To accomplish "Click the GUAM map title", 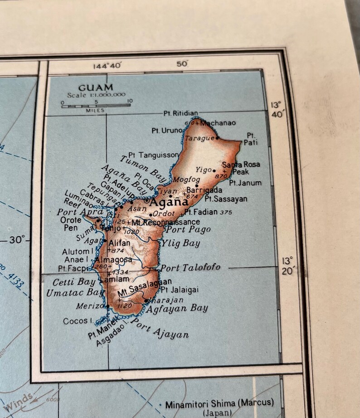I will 96,87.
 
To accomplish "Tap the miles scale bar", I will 96,106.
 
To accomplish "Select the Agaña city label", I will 169,202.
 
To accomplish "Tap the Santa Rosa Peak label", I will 241,168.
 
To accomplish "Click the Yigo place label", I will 204,170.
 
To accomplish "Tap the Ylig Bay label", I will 181,243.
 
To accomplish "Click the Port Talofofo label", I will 190,267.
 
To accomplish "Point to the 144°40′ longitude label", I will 107,65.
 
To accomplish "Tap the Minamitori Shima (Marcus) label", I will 219,403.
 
